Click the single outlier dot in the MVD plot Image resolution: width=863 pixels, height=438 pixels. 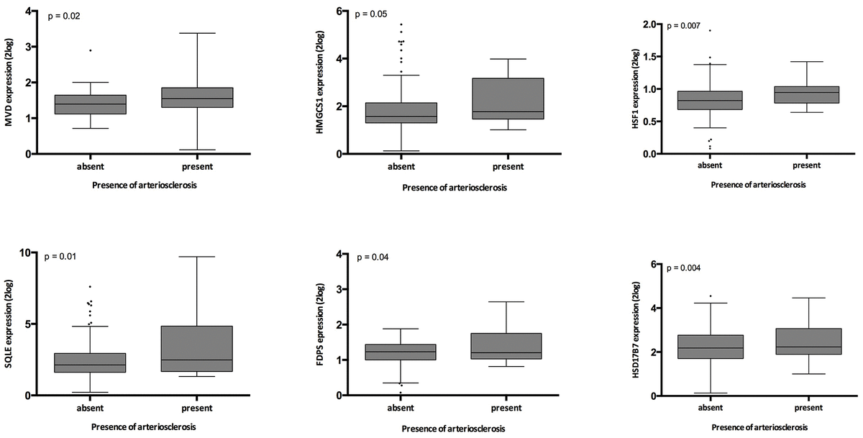coord(90,50)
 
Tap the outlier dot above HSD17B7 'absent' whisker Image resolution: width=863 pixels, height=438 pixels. coord(711,296)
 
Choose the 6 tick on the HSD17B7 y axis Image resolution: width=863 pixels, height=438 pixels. coord(653,264)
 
